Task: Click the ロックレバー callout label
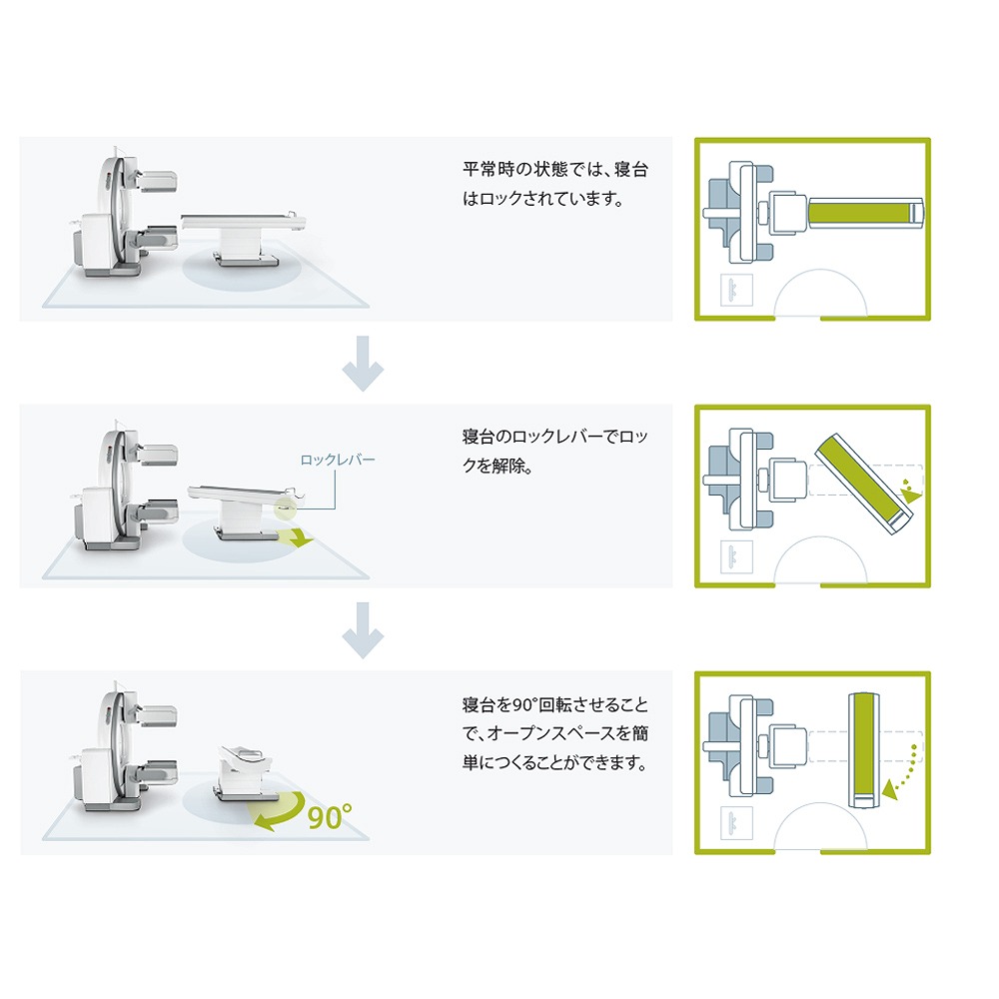click(337, 460)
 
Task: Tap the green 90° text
click(330, 816)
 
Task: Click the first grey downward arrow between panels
click(363, 364)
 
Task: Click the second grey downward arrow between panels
click(363, 630)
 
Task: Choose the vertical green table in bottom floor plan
click(864, 750)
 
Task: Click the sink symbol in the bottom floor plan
click(736, 822)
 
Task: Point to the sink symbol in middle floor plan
click(736, 556)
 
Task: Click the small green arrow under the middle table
click(297, 537)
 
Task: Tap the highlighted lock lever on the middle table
click(286, 507)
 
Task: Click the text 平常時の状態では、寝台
click(554, 170)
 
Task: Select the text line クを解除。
click(498, 466)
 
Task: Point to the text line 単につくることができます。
click(554, 762)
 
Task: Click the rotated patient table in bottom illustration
click(245, 771)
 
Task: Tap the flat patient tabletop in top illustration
click(243, 222)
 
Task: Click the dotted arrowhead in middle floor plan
click(911, 494)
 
